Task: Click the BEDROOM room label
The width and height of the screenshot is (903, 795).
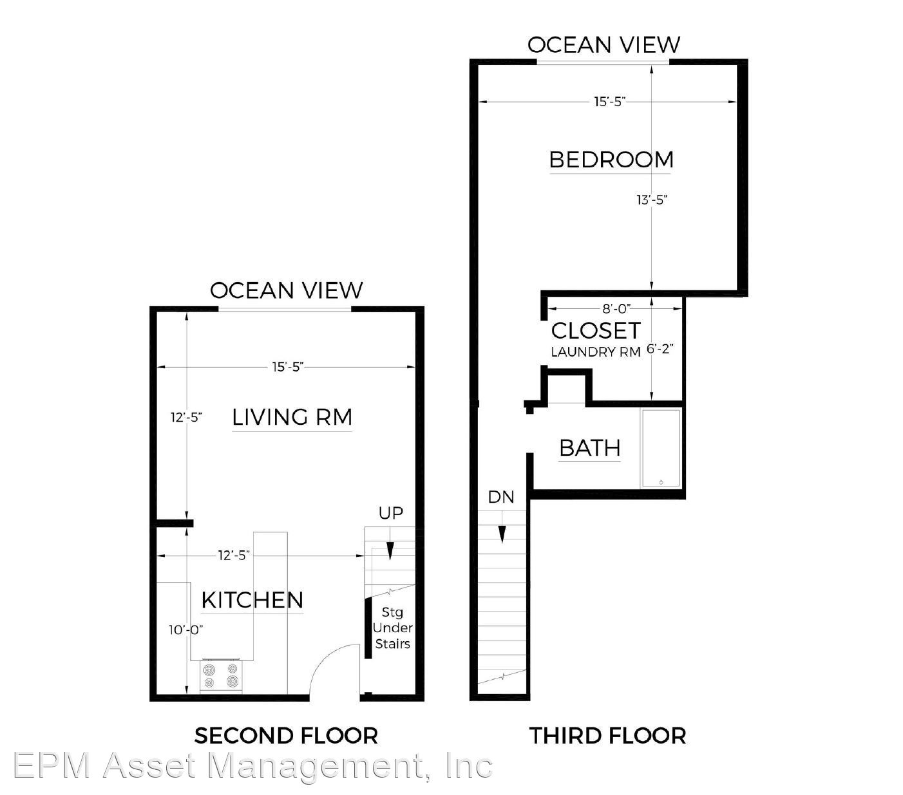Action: [611, 160]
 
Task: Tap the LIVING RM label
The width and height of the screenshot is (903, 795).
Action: [292, 417]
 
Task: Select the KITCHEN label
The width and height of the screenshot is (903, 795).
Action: [252, 600]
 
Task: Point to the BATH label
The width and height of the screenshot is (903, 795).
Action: [590, 447]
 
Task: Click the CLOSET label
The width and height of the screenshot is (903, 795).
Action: [596, 330]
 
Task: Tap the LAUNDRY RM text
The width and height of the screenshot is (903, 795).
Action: [596, 352]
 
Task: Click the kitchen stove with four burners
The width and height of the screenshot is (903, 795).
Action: [221, 675]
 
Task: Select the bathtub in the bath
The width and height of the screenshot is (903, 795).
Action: [661, 448]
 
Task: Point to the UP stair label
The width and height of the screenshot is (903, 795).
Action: [390, 514]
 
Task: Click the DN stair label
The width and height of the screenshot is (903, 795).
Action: [501, 497]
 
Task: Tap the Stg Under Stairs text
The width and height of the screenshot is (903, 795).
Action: [392, 628]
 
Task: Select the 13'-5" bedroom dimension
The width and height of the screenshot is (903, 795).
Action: [651, 200]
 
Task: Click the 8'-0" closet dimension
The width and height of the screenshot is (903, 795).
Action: [616, 308]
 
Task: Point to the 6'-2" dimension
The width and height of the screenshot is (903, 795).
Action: [660, 349]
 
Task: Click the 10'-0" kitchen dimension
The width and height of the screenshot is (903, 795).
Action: [186, 630]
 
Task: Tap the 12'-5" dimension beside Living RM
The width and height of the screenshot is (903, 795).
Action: [186, 417]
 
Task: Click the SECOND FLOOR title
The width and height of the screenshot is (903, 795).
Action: [286, 735]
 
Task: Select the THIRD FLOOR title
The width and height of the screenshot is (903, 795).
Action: [607, 735]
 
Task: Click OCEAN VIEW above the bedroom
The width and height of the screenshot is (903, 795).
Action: [604, 44]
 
